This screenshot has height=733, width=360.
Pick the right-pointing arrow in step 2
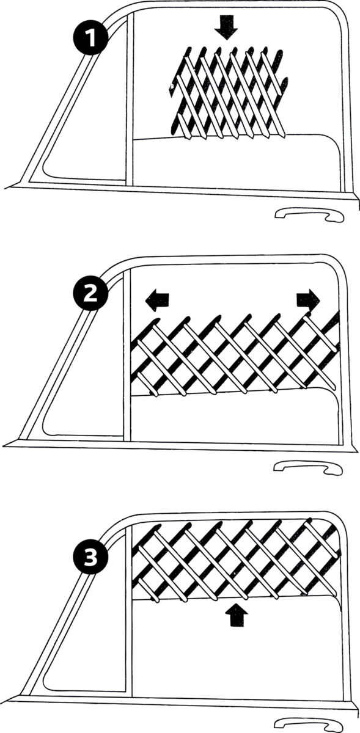click(x=308, y=299)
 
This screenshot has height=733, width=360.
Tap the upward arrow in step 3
click(x=235, y=615)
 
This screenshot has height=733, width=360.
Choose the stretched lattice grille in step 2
click(x=235, y=354)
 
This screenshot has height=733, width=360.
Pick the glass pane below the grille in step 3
click(x=235, y=647)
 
